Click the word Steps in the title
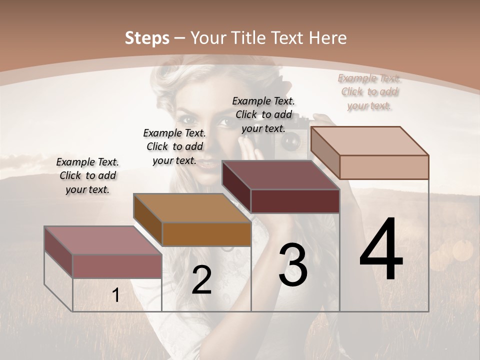point(147,38)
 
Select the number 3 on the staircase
point(293,265)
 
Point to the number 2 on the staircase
point(201,280)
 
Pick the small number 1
point(116,295)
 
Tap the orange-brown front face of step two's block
point(206,234)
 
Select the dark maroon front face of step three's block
point(295,201)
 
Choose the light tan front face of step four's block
point(383,167)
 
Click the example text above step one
point(87,175)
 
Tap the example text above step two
point(174,146)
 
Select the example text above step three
point(263,114)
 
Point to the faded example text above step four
point(369,91)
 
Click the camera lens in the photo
point(290,142)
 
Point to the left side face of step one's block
point(58,252)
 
